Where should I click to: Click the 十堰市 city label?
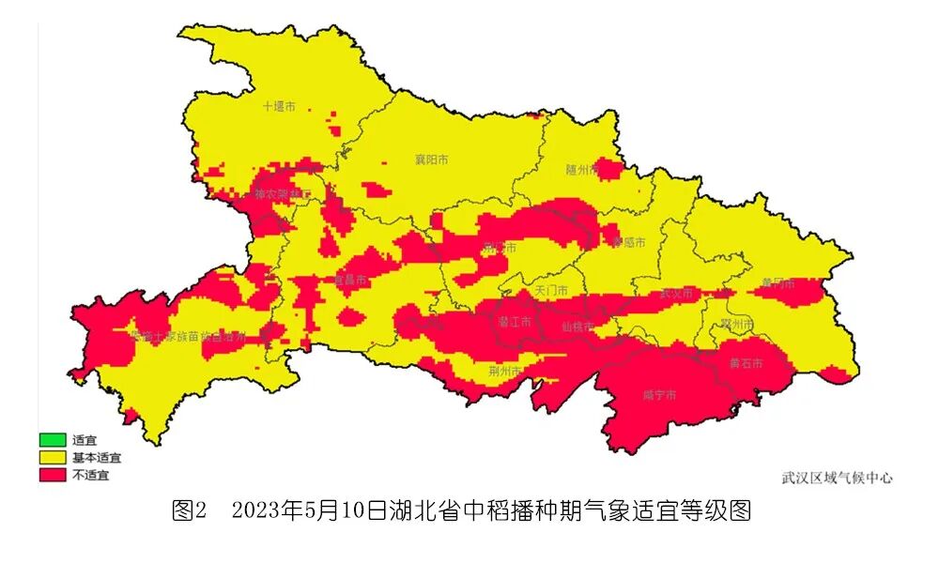click(279, 107)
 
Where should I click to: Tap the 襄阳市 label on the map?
click(431, 160)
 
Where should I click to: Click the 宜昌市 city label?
click(351, 281)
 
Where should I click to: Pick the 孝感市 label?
click(628, 242)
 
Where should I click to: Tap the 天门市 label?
click(551, 291)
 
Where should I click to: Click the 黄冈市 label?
click(777, 282)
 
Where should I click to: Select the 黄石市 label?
click(746, 363)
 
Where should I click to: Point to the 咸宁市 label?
click(659, 395)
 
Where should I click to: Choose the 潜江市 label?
click(514, 322)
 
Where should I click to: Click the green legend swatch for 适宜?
click(53, 439)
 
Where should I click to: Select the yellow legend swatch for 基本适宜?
click(53, 457)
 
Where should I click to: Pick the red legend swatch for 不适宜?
click(53, 475)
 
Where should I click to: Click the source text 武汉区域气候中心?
click(837, 478)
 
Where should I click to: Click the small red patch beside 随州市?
click(611, 169)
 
